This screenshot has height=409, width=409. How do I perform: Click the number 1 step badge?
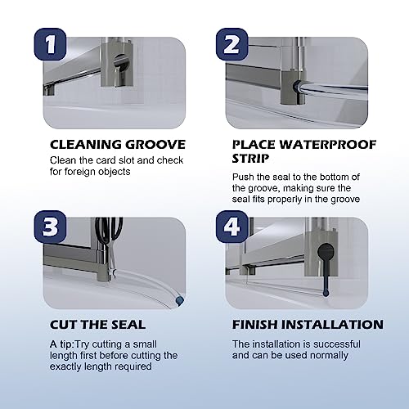[x=50, y=44]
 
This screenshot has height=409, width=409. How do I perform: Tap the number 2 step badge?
[x=232, y=44]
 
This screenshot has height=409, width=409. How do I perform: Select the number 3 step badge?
[x=50, y=227]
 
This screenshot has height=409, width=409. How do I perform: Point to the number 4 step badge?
[x=232, y=227]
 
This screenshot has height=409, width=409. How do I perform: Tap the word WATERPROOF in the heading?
[x=328, y=145]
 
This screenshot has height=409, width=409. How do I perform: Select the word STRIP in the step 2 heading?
[x=250, y=159]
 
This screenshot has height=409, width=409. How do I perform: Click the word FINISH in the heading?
[x=255, y=325]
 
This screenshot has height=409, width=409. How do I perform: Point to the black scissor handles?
[x=109, y=230]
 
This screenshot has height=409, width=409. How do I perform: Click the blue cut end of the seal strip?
[x=179, y=300]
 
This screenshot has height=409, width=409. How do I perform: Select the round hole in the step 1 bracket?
[x=122, y=61]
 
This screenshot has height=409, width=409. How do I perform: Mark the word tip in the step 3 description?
[x=65, y=344]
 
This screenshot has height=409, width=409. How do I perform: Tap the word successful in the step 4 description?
[x=337, y=344]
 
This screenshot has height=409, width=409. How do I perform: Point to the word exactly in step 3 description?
[x=65, y=366]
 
